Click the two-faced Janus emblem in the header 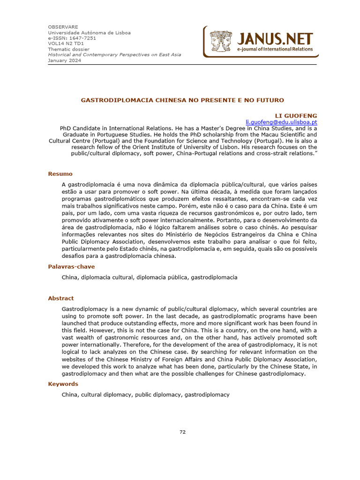221,41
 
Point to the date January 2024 64,60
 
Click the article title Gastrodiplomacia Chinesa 182,100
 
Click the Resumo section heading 60,174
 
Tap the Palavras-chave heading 71,267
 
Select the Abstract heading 61,298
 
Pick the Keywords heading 63,384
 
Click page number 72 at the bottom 182,432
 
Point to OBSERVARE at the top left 63,27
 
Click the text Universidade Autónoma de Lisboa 89,32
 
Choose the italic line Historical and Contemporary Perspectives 114,55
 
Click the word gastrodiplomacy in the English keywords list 207,395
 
